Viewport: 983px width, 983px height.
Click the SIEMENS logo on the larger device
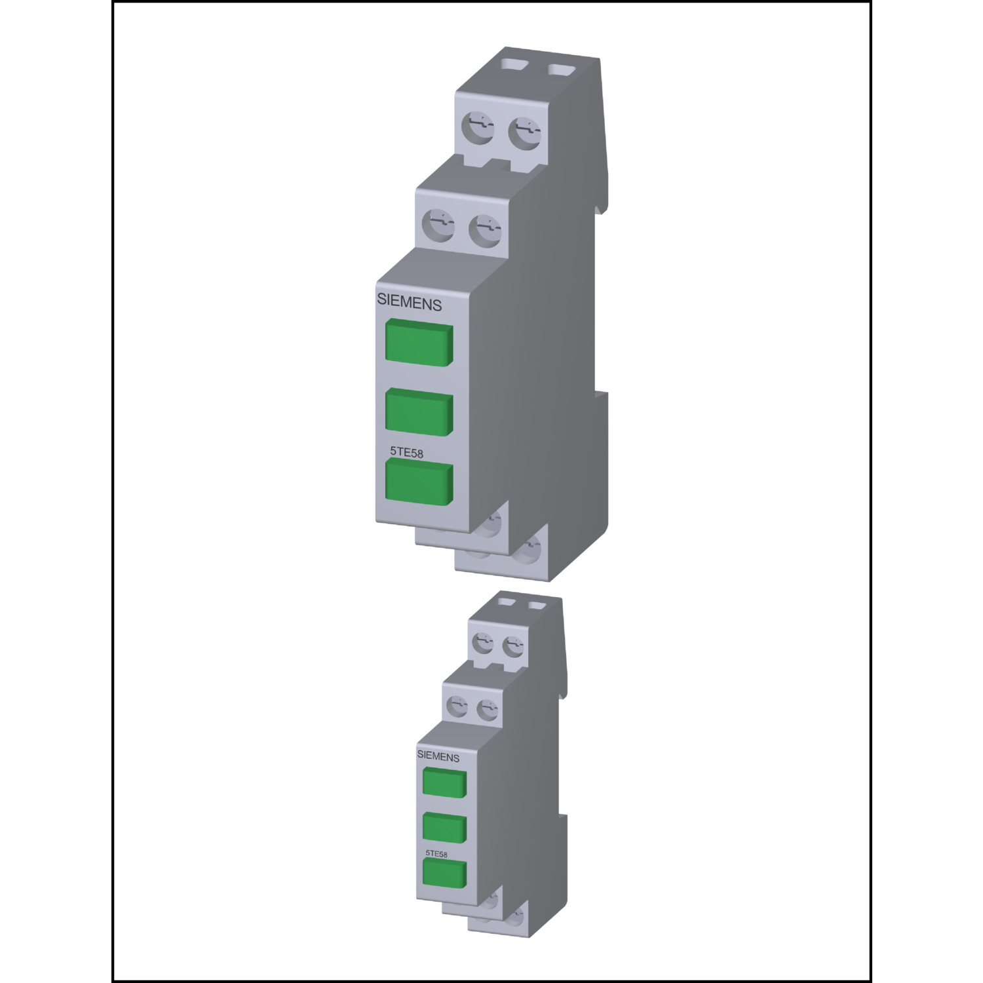[x=409, y=304]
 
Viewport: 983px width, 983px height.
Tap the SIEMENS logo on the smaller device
[x=438, y=756]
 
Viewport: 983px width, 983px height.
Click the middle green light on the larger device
[x=419, y=412]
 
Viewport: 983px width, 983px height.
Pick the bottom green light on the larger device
[x=419, y=482]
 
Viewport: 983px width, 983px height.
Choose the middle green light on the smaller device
[x=445, y=828]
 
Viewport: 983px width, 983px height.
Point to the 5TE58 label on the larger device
[x=407, y=452]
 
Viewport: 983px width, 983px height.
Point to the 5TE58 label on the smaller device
[x=437, y=853]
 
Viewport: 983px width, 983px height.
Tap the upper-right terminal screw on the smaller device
[x=512, y=646]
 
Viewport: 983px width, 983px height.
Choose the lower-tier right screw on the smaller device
[x=486, y=708]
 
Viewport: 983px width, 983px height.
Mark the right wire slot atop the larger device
[x=561, y=68]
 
